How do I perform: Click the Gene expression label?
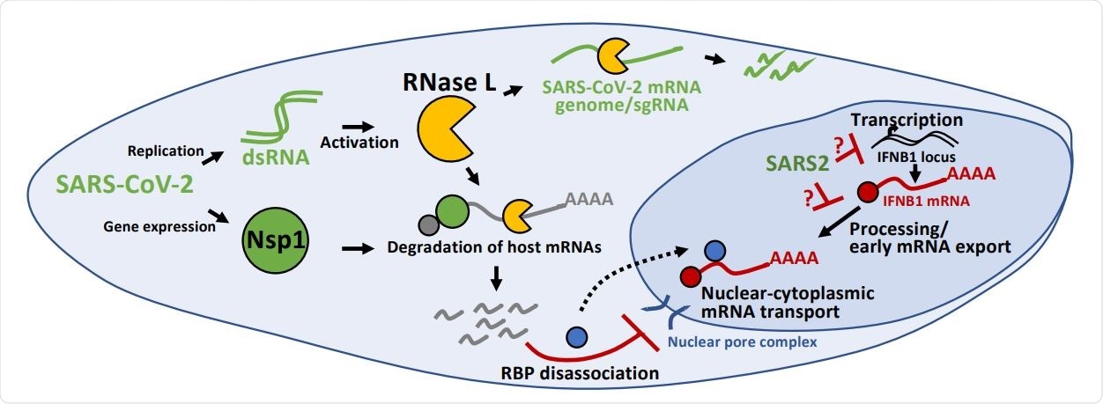(x=159, y=226)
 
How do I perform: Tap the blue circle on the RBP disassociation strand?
(x=578, y=335)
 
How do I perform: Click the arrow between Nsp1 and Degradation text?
(x=354, y=251)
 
